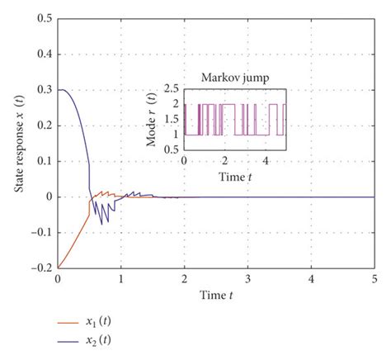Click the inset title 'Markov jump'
click(234, 78)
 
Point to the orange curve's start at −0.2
click(58, 268)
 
